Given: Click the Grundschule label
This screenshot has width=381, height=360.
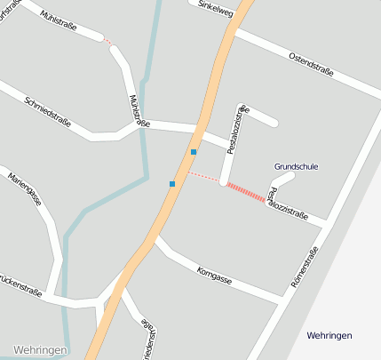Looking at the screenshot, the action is click(296, 166).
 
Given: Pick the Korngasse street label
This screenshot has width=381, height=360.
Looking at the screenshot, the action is click(214, 274).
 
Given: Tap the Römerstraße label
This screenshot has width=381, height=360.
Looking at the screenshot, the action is click(305, 266).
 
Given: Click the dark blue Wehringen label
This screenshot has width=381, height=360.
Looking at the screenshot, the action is click(329, 335).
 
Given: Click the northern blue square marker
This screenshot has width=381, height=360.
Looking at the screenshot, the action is click(194, 152).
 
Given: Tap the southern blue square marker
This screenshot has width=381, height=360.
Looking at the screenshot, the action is click(172, 184).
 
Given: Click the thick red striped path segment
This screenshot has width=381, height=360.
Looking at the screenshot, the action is click(245, 192).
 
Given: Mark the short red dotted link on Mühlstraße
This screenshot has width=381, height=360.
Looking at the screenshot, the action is click(107, 41).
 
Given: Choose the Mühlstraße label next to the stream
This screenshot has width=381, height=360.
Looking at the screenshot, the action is click(139, 110).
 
